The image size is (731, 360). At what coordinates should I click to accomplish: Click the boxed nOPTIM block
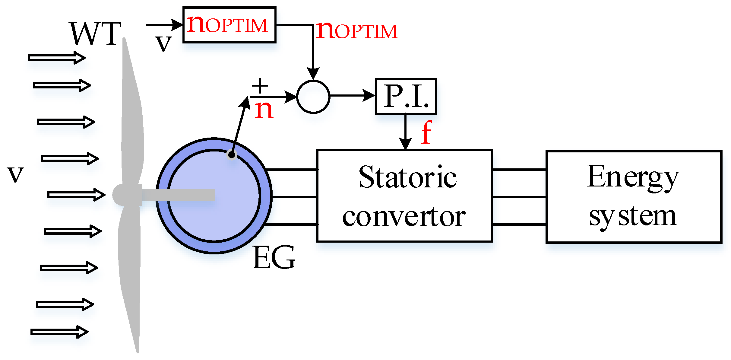(229, 25)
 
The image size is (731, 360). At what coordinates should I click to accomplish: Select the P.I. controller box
(406, 96)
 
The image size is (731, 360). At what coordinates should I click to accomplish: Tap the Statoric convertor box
(405, 196)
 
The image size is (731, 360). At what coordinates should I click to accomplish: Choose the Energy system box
(634, 196)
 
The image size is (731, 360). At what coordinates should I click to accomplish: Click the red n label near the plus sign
(264, 110)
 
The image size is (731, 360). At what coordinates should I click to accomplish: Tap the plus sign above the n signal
(260, 85)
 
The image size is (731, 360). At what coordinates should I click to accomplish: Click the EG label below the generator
(274, 257)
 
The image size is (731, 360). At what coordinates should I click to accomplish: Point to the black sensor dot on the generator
(232, 155)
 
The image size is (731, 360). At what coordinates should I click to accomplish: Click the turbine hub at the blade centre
(122, 195)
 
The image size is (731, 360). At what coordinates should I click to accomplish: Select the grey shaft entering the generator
(179, 195)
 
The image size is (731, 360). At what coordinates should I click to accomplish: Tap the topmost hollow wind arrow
(57, 58)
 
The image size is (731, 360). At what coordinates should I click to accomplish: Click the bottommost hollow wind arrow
(59, 332)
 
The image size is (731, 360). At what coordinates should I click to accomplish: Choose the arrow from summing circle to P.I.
(353, 96)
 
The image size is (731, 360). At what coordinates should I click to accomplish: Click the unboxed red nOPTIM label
(357, 30)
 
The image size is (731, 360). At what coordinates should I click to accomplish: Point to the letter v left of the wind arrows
(15, 174)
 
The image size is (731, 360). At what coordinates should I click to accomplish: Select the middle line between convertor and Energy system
(519, 197)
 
